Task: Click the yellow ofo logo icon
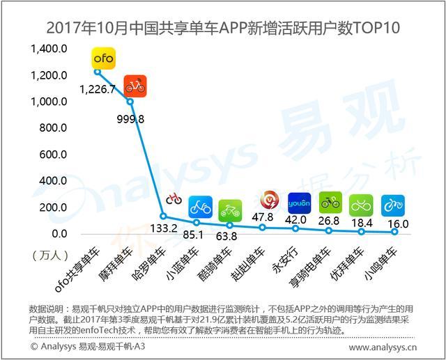[105, 58]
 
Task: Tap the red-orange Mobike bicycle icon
[135, 86]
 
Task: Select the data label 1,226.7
[98, 90]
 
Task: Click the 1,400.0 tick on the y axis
[49, 49]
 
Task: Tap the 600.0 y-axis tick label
[52, 155]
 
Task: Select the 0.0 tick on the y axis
[59, 234]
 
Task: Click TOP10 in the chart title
[374, 28]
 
